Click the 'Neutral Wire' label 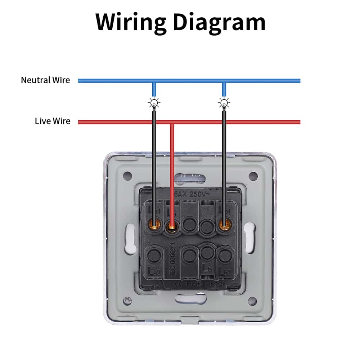click(45, 80)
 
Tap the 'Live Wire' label click(53, 121)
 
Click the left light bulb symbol click(154, 104)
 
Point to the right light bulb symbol click(224, 104)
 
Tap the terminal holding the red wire click(172, 226)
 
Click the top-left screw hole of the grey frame click(127, 176)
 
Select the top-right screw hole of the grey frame click(253, 176)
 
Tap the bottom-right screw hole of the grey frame click(252, 301)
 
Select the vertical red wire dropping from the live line click(172, 162)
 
